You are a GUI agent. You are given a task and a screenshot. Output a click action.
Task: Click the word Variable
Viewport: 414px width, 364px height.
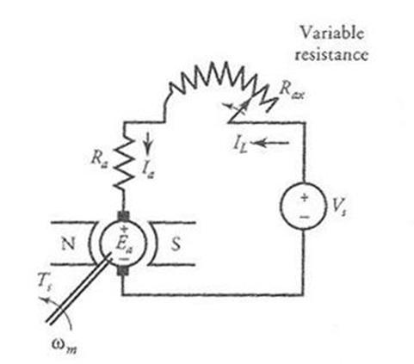[x=332, y=33]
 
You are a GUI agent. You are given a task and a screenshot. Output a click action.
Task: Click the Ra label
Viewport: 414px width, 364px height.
[x=99, y=158]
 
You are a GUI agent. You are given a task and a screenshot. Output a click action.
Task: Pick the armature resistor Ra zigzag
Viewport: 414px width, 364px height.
[x=123, y=163]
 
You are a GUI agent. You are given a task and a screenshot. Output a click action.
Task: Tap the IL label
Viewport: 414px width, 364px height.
[x=240, y=145]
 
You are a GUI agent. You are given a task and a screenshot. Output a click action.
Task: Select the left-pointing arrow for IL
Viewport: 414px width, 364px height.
[x=271, y=142]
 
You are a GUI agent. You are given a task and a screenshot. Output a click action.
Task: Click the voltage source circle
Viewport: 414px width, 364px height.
[x=304, y=206]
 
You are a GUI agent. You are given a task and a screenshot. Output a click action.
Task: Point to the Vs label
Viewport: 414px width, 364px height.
[x=338, y=207]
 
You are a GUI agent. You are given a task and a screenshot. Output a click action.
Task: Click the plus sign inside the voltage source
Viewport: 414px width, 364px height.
[x=304, y=198]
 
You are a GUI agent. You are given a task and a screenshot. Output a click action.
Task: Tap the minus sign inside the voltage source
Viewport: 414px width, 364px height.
[x=305, y=217]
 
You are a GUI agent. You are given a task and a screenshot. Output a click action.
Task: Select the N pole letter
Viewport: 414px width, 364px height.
[x=68, y=244]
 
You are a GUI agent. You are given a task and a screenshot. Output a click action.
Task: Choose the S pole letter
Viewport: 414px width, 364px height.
[x=176, y=244]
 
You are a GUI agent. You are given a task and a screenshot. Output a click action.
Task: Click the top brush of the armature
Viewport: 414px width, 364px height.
[x=124, y=215]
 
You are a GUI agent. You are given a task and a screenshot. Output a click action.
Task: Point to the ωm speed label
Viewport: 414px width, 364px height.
[x=65, y=345]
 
